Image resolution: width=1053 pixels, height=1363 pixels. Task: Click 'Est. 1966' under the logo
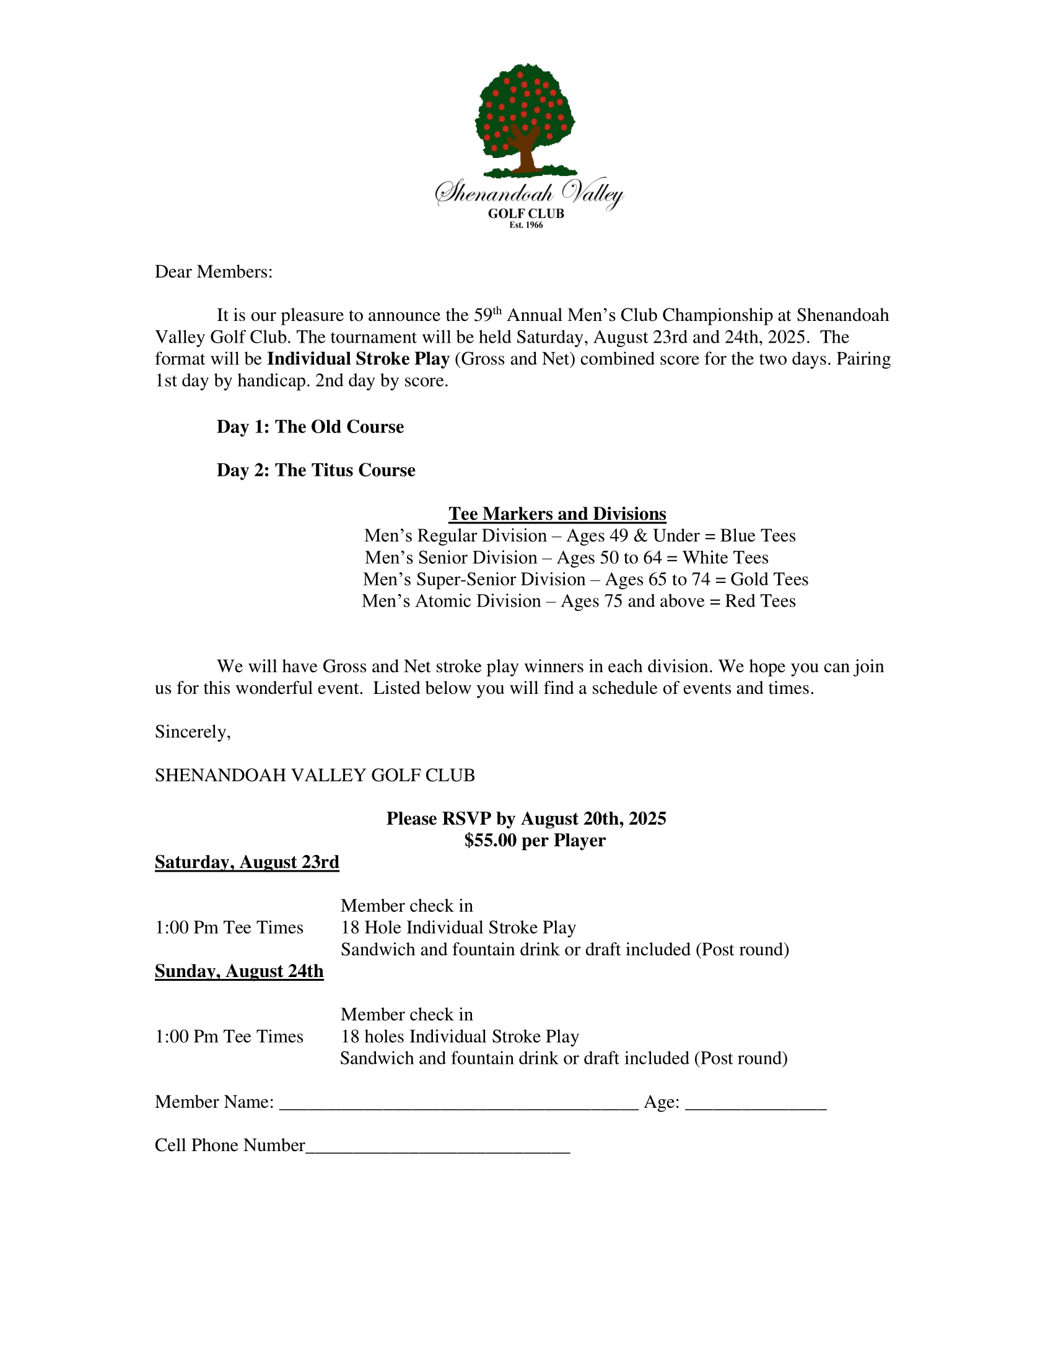click(526, 226)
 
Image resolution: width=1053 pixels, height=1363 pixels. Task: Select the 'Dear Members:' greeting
click(213, 272)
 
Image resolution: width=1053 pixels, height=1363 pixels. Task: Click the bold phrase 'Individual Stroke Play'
click(358, 359)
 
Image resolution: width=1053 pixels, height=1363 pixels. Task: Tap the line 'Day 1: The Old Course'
click(310, 427)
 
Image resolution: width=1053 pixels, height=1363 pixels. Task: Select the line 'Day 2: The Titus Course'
click(316, 470)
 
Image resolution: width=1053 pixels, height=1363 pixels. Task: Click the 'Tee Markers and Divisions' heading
click(557, 514)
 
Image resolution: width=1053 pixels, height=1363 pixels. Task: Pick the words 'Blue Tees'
click(758, 535)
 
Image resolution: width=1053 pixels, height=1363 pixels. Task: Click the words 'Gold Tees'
click(769, 579)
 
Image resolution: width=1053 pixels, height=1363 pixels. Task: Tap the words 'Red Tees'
click(760, 601)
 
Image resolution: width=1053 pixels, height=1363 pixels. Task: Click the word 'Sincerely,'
click(193, 732)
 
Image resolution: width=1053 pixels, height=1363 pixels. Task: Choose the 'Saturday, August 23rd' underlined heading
click(247, 862)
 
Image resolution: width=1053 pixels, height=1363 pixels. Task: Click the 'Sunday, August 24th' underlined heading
click(239, 971)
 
